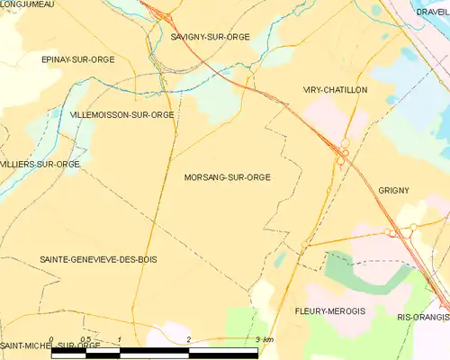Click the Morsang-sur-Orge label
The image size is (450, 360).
[x=227, y=177]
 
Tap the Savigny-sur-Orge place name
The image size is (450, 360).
[x=210, y=38]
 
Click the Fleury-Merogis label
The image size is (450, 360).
[x=328, y=310]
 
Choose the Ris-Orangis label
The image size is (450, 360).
[x=423, y=318]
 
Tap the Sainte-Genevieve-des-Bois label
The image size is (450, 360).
[x=98, y=259]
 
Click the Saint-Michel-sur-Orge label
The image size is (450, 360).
[x=50, y=346]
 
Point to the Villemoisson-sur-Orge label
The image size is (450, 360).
[x=121, y=115]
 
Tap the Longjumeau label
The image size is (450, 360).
[x=27, y=4]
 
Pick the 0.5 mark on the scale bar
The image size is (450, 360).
[x=85, y=339]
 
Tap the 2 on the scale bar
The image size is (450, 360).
[x=188, y=339]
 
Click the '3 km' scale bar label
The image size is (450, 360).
[x=264, y=339]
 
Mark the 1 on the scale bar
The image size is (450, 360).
[x=120, y=339]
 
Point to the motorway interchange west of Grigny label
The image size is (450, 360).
[x=343, y=153]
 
